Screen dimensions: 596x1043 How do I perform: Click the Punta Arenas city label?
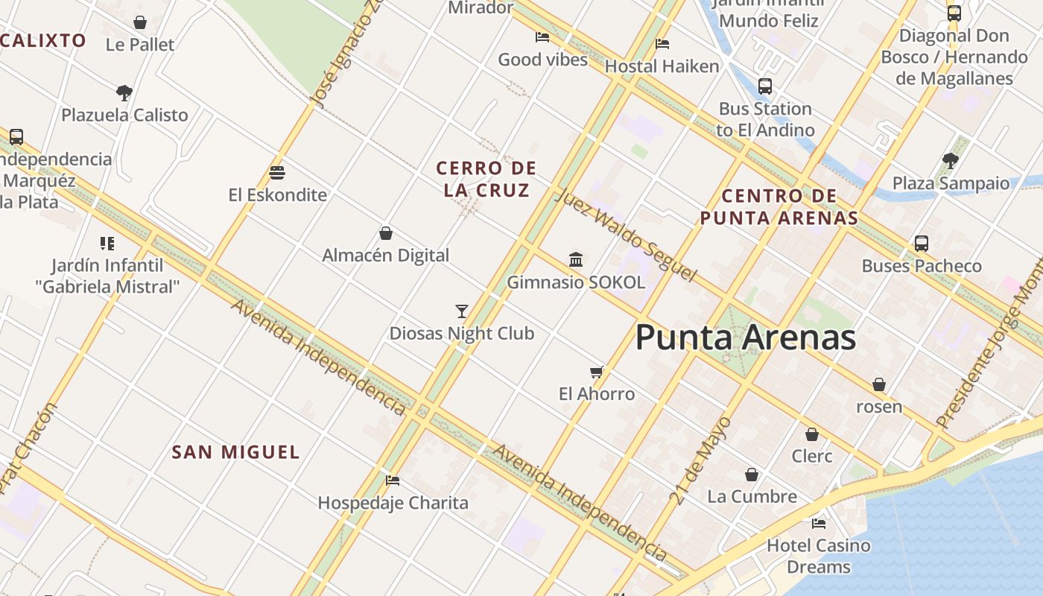click(746, 337)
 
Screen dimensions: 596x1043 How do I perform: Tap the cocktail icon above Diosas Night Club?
click(462, 311)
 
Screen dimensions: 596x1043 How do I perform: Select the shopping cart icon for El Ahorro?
click(596, 372)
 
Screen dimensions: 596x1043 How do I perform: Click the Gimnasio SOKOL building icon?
click(576, 260)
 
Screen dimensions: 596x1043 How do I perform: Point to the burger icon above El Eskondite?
click(277, 173)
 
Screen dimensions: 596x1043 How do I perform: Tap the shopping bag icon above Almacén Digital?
click(386, 233)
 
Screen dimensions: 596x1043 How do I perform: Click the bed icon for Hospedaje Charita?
click(393, 481)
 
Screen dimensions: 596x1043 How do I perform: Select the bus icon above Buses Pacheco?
click(922, 244)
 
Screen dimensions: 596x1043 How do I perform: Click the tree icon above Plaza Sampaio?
click(950, 160)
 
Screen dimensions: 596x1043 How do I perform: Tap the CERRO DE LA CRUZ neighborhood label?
click(486, 179)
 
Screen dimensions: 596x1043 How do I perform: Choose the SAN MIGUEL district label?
click(235, 452)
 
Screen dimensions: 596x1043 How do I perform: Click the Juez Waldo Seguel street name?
click(625, 234)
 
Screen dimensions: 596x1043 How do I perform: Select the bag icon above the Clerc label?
click(812, 434)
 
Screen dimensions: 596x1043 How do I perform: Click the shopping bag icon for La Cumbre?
click(752, 475)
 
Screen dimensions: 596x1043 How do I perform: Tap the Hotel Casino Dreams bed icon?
click(819, 523)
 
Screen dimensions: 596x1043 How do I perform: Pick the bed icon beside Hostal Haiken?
click(662, 44)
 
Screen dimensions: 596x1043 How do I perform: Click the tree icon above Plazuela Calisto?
click(124, 93)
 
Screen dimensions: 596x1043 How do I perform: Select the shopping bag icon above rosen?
click(879, 384)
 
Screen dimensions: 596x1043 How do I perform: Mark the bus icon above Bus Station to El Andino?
click(765, 86)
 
